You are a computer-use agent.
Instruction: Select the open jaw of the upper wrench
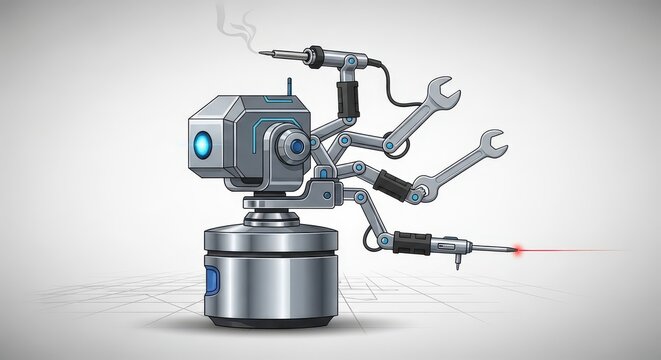tap(447, 91)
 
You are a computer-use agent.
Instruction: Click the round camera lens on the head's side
tap(297, 148)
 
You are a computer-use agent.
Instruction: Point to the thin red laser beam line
tap(570, 251)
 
